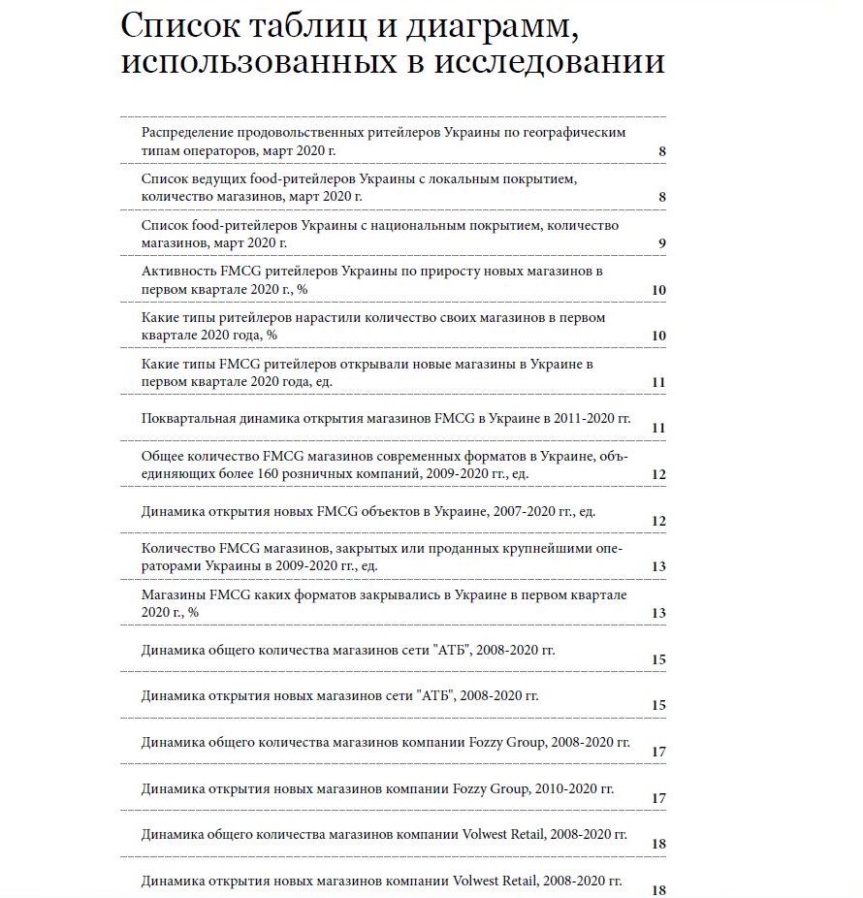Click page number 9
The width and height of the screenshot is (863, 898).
[x=660, y=243]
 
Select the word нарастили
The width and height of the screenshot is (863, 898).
[x=323, y=317]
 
